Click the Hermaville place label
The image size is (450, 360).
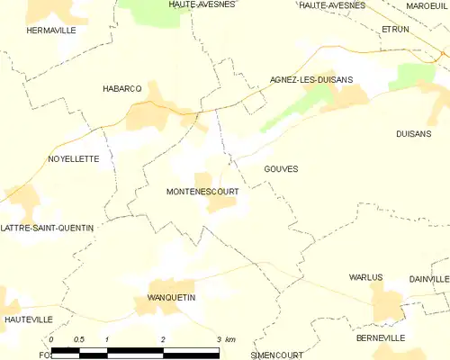51,31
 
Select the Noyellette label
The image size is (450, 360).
73,158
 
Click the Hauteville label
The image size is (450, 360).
24,319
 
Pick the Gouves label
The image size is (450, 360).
281,168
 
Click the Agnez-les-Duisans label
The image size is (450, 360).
311,80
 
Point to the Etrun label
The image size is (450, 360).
395,30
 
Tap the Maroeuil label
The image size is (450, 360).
426,5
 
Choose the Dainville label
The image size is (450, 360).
428,279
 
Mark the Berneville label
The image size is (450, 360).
380,337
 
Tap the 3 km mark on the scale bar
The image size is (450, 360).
219,339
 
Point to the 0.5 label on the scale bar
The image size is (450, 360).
79,339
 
